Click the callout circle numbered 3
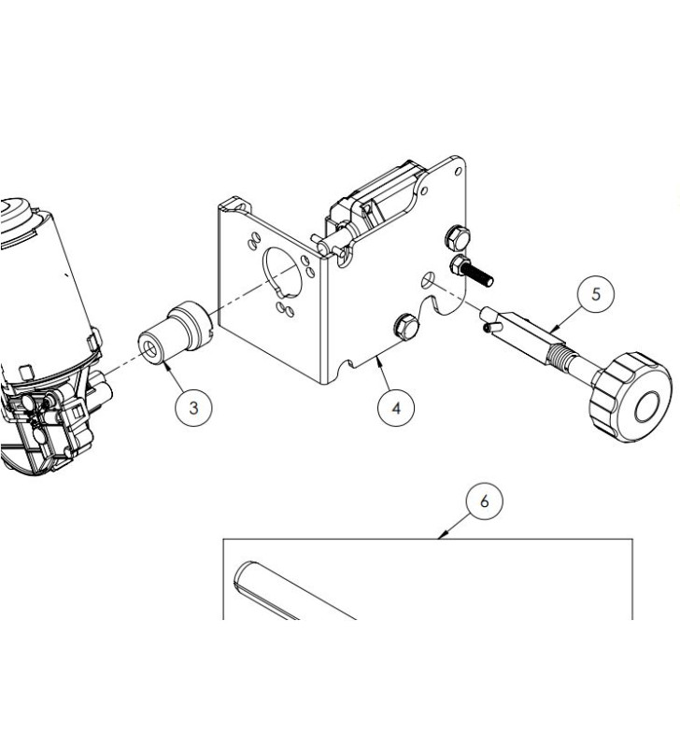coord(193,407)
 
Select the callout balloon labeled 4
coord(396,409)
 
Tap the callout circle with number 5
coord(596,294)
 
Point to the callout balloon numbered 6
coord(483,501)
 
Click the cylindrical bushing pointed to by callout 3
coord(177,331)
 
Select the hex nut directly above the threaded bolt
coord(457,236)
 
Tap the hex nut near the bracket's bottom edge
coord(405,326)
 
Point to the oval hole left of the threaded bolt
coord(427,279)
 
